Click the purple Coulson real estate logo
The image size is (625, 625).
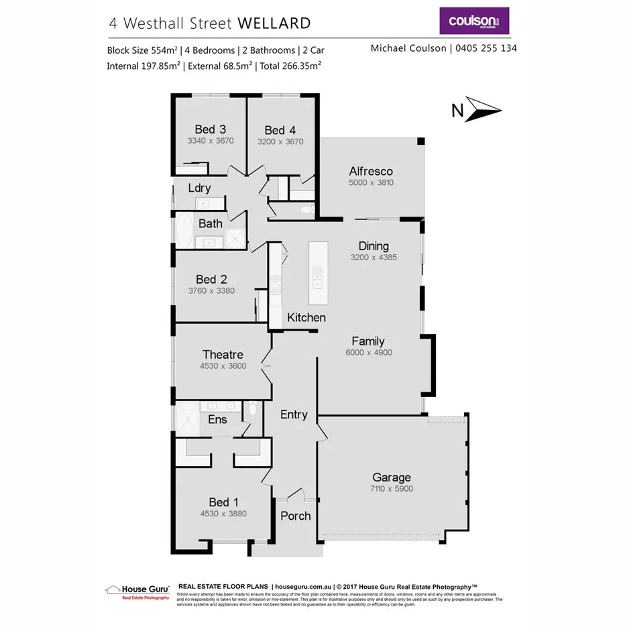[x=473, y=21]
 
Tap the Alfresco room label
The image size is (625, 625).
[x=370, y=171]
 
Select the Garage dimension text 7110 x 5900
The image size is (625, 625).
[x=391, y=489]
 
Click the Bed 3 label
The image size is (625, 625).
[x=210, y=129]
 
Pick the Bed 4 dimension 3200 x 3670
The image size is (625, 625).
[x=280, y=142]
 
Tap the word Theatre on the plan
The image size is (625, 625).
[x=223, y=354]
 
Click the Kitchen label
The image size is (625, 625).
[x=306, y=317]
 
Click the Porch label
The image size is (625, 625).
[x=295, y=516]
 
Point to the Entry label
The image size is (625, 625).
[x=294, y=414]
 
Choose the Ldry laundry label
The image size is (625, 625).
[x=199, y=188]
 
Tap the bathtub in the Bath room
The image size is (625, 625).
[x=182, y=231]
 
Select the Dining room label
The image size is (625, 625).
[x=374, y=245]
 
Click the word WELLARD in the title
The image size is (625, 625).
[x=274, y=23]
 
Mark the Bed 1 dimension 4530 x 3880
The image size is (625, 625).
[x=223, y=514]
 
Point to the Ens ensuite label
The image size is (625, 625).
[x=217, y=420]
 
